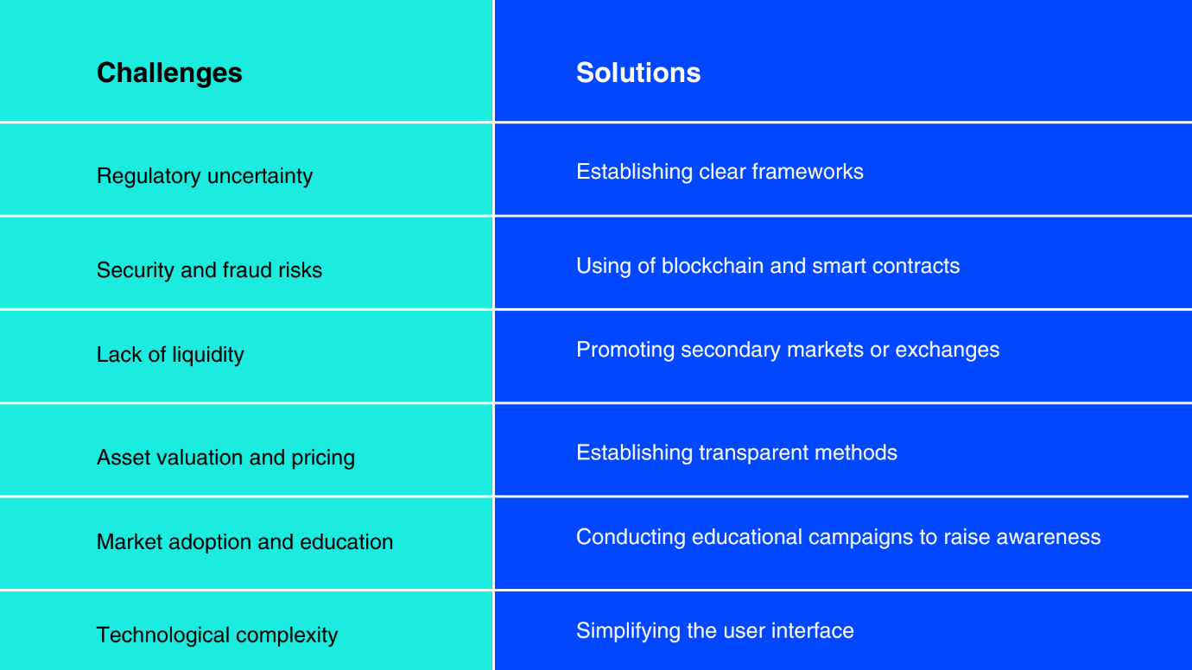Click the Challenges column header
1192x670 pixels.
click(x=169, y=73)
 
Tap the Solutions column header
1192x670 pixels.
click(x=638, y=73)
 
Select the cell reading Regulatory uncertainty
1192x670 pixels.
click(x=205, y=176)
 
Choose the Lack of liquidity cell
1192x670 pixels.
click(x=170, y=355)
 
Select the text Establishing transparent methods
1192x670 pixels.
click(x=737, y=452)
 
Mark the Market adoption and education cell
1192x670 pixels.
click(x=244, y=542)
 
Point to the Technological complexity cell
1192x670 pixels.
click(x=217, y=635)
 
